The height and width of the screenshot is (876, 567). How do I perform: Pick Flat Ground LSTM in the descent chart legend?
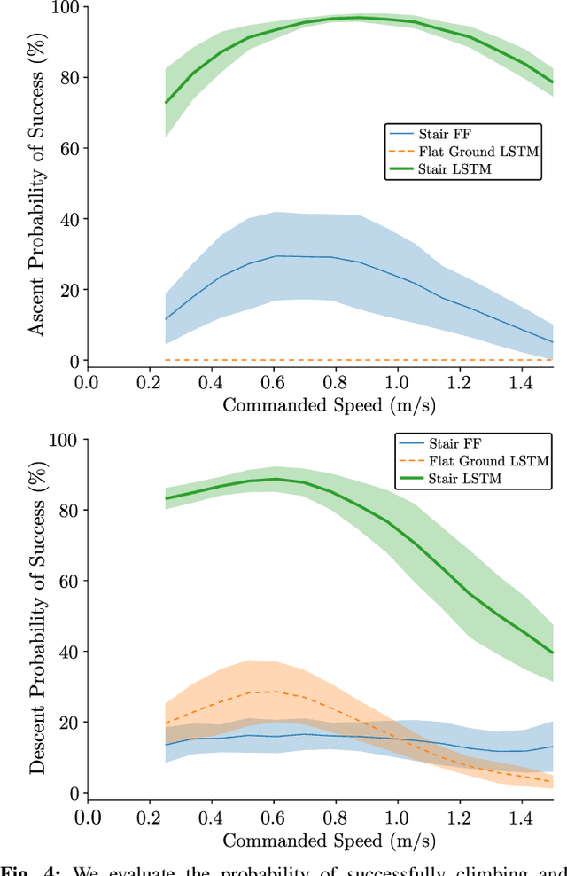(478, 461)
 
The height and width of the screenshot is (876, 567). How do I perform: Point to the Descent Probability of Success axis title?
(37, 616)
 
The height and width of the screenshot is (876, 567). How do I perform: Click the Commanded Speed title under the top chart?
(319, 405)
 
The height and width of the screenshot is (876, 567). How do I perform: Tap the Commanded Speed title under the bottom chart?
(319, 838)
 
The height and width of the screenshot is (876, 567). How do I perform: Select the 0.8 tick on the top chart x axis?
(334, 382)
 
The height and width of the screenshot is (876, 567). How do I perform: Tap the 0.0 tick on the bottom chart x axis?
(86, 815)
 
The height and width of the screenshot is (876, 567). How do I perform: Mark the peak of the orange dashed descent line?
(273, 692)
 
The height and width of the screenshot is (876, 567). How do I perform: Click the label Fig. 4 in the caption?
(32, 868)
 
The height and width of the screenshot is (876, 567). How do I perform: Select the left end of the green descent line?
(166, 498)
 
